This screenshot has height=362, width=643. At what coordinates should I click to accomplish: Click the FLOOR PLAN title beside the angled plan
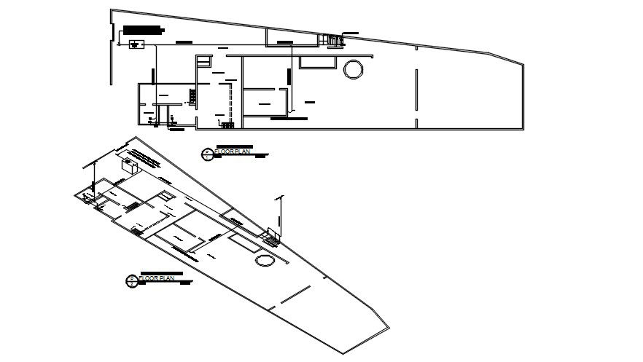(157, 278)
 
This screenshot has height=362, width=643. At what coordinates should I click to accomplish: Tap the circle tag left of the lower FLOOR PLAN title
(131, 280)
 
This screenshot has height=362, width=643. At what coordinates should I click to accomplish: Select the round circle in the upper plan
(353, 69)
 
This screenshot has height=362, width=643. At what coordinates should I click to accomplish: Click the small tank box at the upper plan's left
(136, 45)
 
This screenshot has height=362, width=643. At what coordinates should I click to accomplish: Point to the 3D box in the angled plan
(131, 165)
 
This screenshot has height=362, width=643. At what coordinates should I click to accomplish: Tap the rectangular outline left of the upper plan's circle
(318, 64)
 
